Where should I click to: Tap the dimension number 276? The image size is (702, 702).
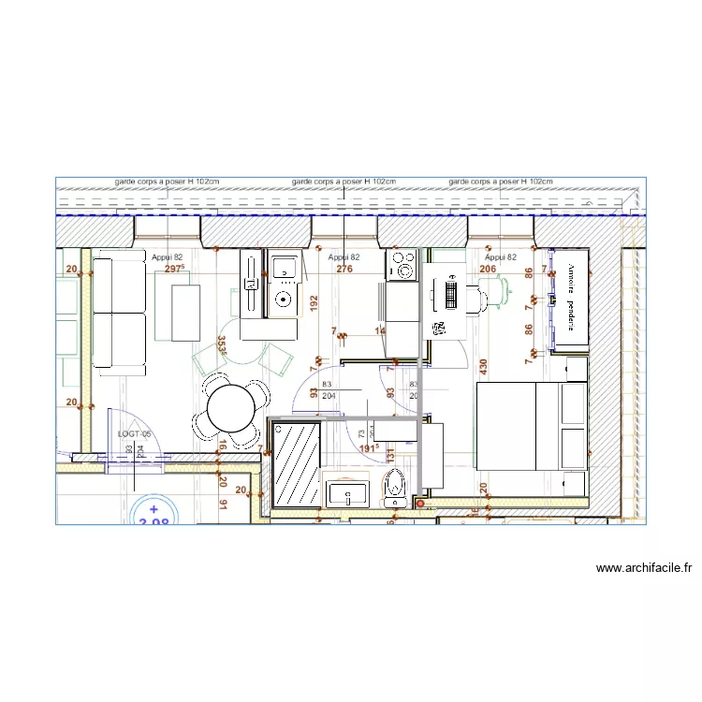click(344, 269)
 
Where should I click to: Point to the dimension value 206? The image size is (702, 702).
click(488, 269)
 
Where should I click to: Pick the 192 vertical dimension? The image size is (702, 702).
click(314, 304)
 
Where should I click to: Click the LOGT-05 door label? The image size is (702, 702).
click(134, 434)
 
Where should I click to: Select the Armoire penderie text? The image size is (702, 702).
click(569, 298)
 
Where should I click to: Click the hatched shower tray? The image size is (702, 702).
click(296, 463)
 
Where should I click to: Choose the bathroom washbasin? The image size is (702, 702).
click(348, 493)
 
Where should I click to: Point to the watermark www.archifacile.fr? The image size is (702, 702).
click(643, 567)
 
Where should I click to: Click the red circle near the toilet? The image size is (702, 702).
click(419, 504)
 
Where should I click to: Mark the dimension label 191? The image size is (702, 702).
click(370, 448)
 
